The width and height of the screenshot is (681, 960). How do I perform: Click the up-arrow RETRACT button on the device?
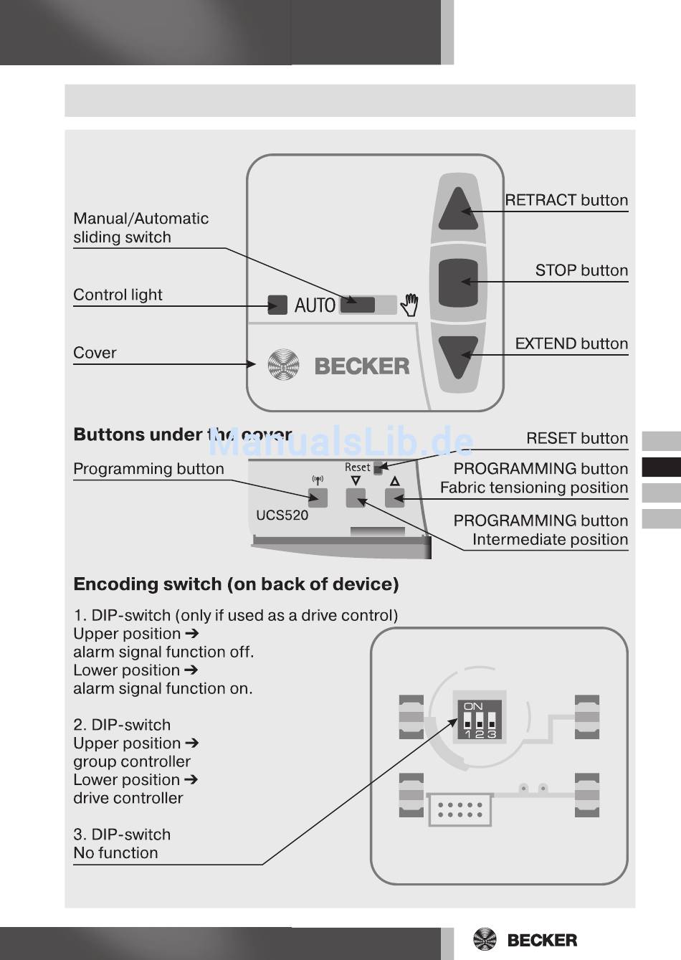coord(458,209)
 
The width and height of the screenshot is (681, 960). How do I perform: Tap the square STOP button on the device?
coord(458,282)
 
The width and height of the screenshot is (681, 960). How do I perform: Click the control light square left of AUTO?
coord(277,305)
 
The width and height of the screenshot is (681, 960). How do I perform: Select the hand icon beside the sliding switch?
coord(409,305)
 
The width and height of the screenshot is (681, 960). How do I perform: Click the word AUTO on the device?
coord(315,305)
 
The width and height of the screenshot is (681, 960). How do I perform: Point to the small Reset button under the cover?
coord(378,468)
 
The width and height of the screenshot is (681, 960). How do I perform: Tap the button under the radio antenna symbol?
coord(318,498)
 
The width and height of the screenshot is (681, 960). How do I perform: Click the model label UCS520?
coord(282,515)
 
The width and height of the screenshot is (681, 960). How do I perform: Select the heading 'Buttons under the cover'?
coord(183,434)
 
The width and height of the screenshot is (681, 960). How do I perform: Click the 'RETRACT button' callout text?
coord(566,200)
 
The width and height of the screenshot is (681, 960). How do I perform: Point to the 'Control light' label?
coord(118,295)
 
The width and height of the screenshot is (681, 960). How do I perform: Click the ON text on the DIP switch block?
coord(473,706)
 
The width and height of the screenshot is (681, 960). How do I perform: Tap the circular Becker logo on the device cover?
coord(283,365)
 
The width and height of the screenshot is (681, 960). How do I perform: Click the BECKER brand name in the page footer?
coord(542,941)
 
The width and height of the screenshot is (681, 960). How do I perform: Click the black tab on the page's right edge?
coord(661,467)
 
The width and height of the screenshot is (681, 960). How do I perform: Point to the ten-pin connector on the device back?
coord(460,809)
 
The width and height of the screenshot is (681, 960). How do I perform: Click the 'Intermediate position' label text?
coord(551,539)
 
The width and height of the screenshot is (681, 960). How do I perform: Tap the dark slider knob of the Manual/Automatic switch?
coord(358,305)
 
